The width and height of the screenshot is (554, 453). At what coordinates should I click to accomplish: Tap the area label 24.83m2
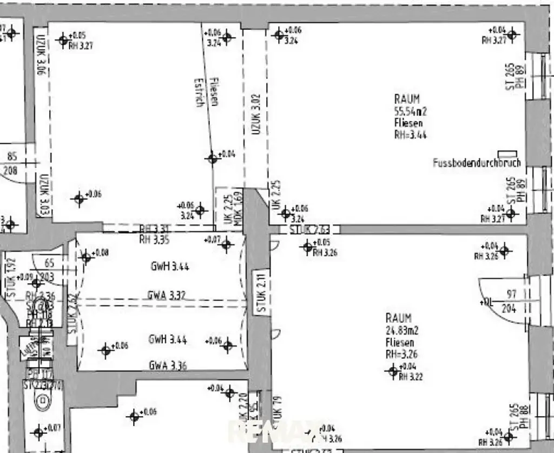[401, 330]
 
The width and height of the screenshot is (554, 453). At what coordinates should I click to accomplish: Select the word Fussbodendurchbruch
[477, 163]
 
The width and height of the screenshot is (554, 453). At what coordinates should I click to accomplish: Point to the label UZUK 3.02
[256, 115]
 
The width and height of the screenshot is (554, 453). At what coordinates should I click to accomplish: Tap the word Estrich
[199, 94]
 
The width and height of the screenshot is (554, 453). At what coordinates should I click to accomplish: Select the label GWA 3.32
[167, 295]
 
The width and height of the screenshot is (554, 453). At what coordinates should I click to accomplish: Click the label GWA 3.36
[168, 365]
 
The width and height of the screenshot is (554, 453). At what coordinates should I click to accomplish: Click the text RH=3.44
[410, 135]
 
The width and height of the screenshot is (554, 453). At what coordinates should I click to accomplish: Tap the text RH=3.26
[401, 355]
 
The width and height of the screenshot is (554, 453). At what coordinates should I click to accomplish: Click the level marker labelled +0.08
[85, 257]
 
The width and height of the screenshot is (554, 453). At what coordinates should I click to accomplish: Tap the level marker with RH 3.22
[393, 370]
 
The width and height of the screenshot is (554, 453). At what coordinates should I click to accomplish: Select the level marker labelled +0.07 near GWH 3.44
[226, 244]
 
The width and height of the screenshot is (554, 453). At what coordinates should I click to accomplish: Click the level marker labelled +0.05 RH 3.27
[64, 39]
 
